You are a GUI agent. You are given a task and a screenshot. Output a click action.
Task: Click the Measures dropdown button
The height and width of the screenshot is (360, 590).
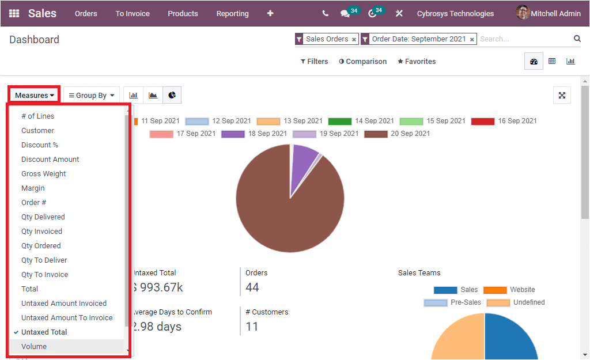click(x=35, y=95)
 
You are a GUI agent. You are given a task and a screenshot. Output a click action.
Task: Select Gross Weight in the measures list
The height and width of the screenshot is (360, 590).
click(x=44, y=173)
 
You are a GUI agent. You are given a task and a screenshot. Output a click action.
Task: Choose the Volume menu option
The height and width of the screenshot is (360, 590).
click(x=34, y=346)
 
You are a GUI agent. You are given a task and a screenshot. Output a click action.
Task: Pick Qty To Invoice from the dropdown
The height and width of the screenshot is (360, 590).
click(x=44, y=274)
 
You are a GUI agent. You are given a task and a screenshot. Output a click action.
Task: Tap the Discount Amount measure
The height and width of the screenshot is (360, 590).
click(x=50, y=159)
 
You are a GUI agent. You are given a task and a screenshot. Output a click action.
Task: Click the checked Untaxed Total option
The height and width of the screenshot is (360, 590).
click(x=44, y=332)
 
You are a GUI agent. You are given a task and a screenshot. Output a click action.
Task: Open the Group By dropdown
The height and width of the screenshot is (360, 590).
click(x=92, y=95)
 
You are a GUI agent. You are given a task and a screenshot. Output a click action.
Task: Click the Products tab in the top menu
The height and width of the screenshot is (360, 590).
click(x=183, y=13)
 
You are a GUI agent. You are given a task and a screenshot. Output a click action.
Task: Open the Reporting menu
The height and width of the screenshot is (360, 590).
click(x=232, y=13)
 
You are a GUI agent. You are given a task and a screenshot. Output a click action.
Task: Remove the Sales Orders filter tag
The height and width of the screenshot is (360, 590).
click(x=354, y=40)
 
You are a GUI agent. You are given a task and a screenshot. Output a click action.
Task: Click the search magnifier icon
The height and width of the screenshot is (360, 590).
click(x=577, y=39)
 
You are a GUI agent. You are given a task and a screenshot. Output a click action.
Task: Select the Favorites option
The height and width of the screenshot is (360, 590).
click(x=417, y=61)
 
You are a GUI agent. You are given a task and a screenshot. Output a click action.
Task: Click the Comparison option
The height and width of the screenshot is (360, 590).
click(x=362, y=61)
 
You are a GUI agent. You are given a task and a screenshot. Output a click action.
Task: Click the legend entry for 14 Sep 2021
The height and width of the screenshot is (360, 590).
click(x=361, y=121)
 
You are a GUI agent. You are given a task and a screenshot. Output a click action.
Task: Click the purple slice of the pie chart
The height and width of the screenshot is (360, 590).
click(x=303, y=164)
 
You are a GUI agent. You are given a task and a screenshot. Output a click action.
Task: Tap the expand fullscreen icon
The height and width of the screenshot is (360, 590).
click(x=562, y=96)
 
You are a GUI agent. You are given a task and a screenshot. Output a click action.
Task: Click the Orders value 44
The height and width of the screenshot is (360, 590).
click(x=252, y=287)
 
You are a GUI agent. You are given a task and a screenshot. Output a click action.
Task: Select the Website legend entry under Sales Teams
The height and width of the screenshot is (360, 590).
click(x=509, y=290)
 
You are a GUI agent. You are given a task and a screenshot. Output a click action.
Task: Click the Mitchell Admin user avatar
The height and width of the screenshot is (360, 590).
click(x=523, y=13)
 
